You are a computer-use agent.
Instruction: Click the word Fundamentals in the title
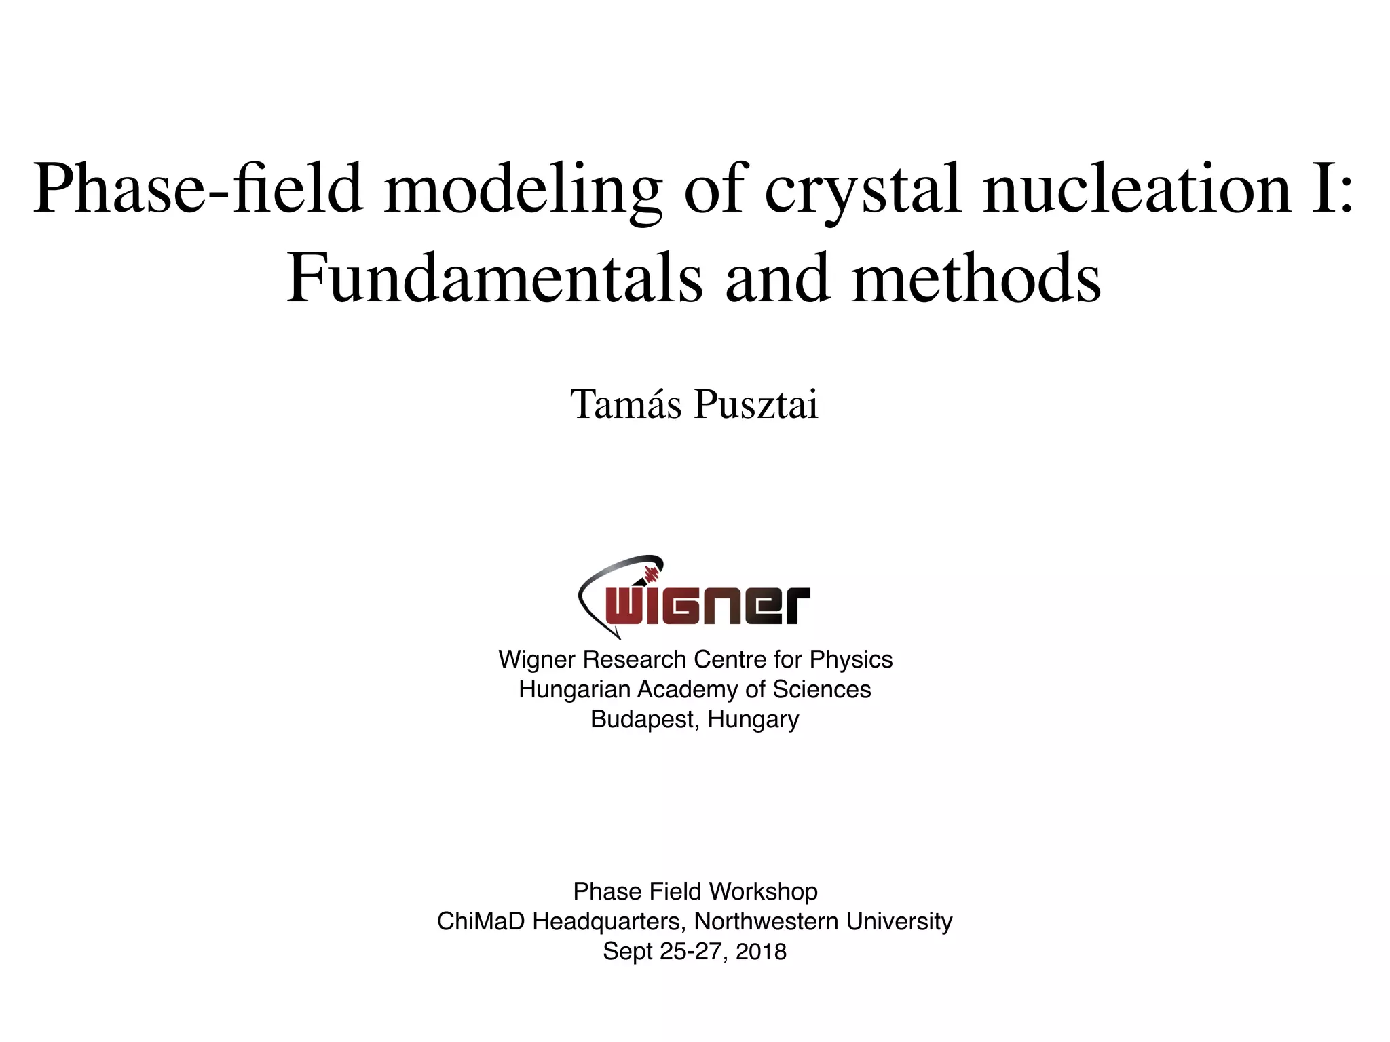pos(494,279)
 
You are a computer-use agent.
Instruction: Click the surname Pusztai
pos(756,404)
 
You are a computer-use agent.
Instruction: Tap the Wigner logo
pos(694,597)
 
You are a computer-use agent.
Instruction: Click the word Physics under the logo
pos(851,659)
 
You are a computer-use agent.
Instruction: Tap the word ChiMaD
pos(481,921)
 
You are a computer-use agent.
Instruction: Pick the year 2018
pos(761,951)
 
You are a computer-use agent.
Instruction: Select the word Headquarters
pos(609,921)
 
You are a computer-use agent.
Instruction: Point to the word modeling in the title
pos(523,190)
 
